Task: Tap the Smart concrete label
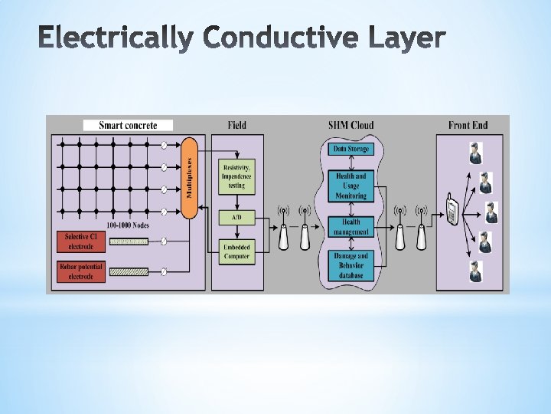(x=129, y=125)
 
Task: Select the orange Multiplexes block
(x=190, y=176)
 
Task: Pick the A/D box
(x=236, y=219)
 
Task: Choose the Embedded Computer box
(x=236, y=252)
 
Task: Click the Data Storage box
(x=350, y=149)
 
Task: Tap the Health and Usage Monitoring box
(x=350, y=186)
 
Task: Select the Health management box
(x=350, y=227)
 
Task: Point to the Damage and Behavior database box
(x=350, y=265)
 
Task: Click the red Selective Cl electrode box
(x=80, y=242)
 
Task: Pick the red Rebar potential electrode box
(x=80, y=271)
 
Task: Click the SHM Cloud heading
(x=351, y=125)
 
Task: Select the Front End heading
(x=468, y=125)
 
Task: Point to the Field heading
(x=237, y=125)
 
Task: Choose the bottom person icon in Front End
(x=476, y=271)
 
